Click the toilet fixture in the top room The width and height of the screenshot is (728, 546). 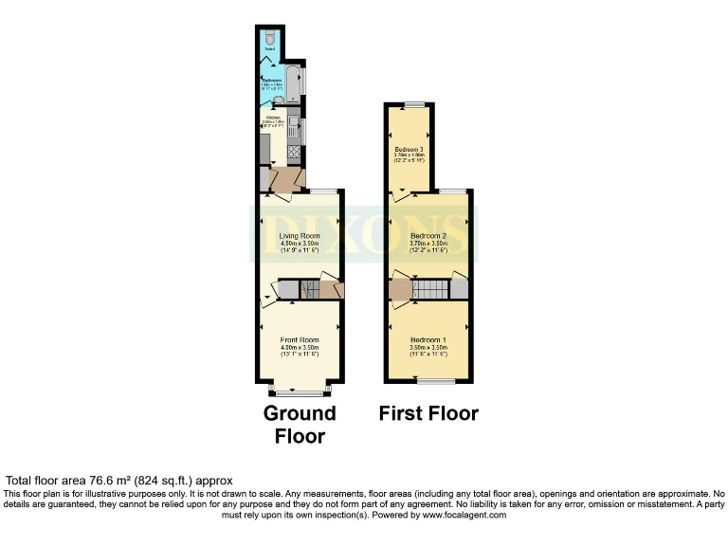pos(271,39)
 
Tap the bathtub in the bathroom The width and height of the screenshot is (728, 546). pos(295,82)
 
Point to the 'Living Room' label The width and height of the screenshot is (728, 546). pos(300,236)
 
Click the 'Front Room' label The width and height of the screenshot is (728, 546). pos(300,339)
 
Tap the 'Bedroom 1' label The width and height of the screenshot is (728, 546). pos(428,339)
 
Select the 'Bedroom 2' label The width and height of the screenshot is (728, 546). pos(428,236)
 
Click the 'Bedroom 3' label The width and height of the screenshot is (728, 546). pos(409,150)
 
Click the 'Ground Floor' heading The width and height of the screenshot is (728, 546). pos(300,425)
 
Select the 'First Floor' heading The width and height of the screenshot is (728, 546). pos(428,413)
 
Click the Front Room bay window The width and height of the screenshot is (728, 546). pos(300,390)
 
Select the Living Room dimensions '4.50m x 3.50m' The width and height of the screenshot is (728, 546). pos(300,244)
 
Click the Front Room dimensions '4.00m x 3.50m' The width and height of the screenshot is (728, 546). pos(300,348)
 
